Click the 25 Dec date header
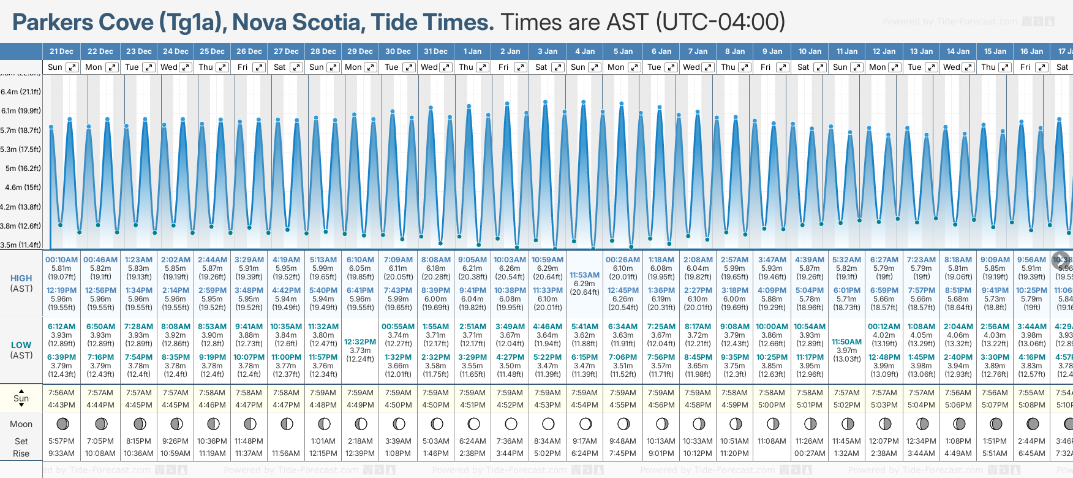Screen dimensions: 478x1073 click(212, 51)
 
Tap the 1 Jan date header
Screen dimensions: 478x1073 click(472, 51)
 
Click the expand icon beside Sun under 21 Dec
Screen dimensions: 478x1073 click(72, 67)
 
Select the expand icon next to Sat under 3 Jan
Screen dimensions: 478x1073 click(558, 67)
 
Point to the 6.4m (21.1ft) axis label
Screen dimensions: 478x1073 click(21, 92)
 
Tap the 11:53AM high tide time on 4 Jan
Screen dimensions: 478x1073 click(584, 275)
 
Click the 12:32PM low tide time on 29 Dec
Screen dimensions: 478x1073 click(360, 342)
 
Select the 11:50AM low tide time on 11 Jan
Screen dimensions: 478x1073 click(847, 342)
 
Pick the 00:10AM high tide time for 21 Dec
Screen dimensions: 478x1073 click(61, 260)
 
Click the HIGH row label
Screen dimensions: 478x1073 click(21, 278)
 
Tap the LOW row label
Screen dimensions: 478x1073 click(21, 345)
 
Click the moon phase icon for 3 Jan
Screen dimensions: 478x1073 click(548, 423)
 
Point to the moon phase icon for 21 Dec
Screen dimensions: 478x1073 click(62, 423)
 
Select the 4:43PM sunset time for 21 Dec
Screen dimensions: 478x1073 click(61, 405)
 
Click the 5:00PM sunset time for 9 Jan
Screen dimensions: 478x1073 click(772, 405)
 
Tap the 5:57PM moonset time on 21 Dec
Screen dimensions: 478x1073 click(61, 441)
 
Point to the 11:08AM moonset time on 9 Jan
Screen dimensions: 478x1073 click(772, 441)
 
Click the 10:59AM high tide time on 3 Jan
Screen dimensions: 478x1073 click(548, 260)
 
